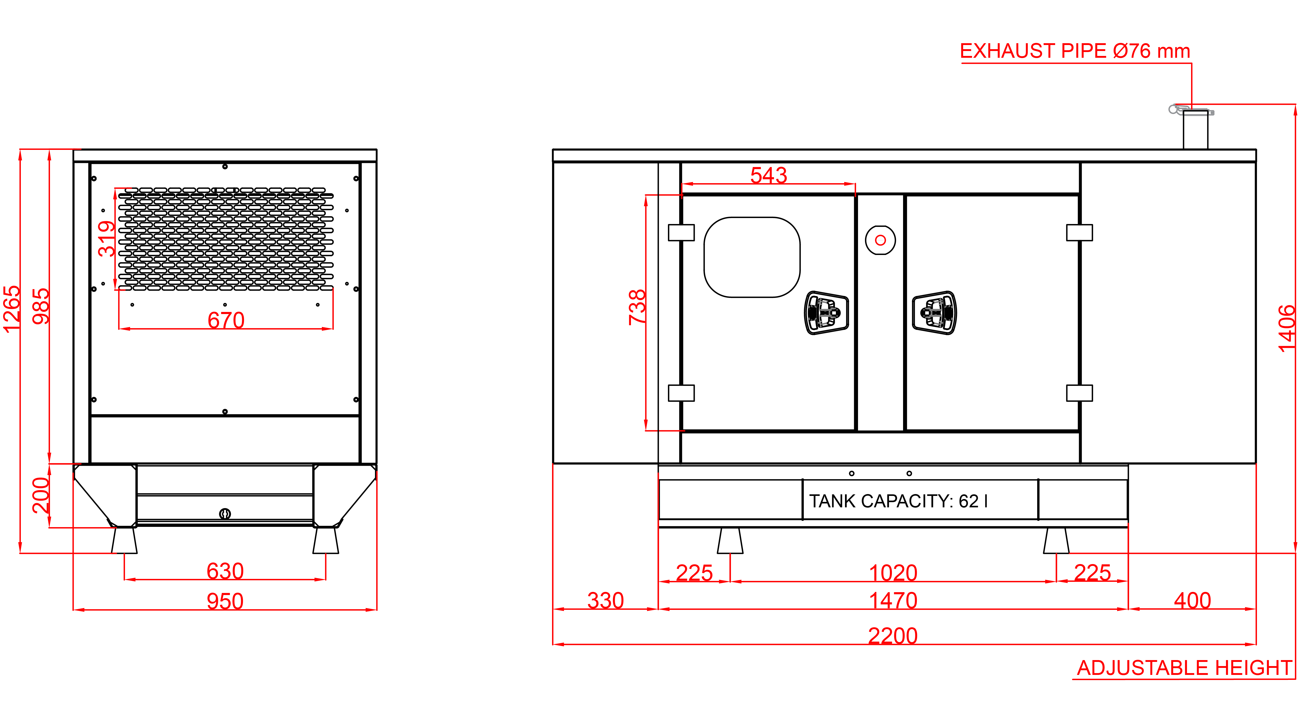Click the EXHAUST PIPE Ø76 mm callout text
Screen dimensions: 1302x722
[1075, 51]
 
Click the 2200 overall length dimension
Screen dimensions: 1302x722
[893, 636]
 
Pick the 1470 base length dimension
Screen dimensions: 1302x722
[893, 600]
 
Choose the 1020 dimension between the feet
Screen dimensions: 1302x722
[893, 573]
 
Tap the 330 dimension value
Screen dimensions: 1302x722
[605, 600]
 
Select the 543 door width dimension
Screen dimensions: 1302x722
[768, 175]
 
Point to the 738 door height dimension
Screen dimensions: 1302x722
[637, 307]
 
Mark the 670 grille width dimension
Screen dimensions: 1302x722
[226, 320]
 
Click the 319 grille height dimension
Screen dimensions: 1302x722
[107, 239]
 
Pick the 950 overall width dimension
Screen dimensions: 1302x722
[225, 601]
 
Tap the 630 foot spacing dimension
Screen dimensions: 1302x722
[225, 571]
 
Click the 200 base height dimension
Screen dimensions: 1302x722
[41, 495]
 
